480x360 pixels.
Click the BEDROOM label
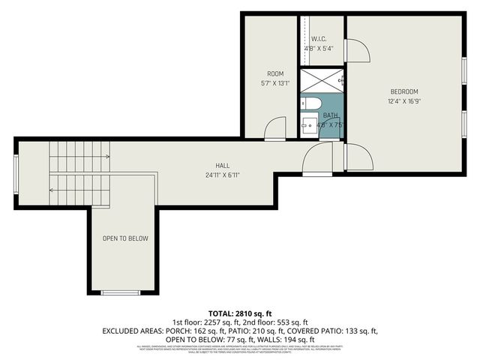tap(403, 91)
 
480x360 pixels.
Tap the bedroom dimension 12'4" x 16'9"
tap(403, 101)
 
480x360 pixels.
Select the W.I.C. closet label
tap(318, 38)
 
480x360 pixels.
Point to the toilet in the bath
tap(311, 103)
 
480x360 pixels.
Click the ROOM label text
tap(275, 73)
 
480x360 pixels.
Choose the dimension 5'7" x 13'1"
tap(275, 83)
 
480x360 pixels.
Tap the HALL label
tap(223, 166)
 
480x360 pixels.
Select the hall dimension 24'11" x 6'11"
tap(223, 175)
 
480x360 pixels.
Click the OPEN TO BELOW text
tap(125, 238)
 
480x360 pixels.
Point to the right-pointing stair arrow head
tap(108, 157)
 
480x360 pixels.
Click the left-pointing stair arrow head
tap(51, 190)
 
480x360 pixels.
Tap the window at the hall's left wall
tap(16, 173)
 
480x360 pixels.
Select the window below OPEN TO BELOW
tap(121, 292)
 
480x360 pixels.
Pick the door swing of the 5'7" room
tap(274, 129)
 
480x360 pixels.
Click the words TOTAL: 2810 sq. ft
tap(239, 313)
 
